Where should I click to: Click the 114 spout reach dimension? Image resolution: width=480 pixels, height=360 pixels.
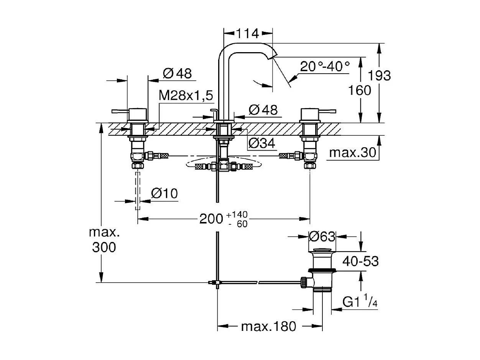[x=247, y=33]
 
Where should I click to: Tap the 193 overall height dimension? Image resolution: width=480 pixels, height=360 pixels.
[x=380, y=75]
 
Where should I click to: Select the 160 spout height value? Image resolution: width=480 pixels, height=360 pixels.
[x=360, y=90]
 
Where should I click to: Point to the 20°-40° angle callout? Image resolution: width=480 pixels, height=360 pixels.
[x=325, y=67]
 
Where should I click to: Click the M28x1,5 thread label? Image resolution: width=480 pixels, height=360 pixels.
[x=186, y=96]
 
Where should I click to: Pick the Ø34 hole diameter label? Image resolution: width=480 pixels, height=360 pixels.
[x=262, y=143]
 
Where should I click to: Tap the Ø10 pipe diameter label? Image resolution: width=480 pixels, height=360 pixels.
[x=164, y=194]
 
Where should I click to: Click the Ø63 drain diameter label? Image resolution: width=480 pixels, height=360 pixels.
[x=322, y=237]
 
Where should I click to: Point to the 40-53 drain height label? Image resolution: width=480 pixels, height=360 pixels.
[x=361, y=261]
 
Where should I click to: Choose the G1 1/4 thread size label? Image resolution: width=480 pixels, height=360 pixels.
[x=360, y=302]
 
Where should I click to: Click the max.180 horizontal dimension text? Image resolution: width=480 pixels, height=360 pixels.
[x=268, y=327]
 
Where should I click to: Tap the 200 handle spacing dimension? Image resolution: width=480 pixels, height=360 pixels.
[x=211, y=219]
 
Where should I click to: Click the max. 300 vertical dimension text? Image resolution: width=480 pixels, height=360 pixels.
[x=104, y=240]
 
